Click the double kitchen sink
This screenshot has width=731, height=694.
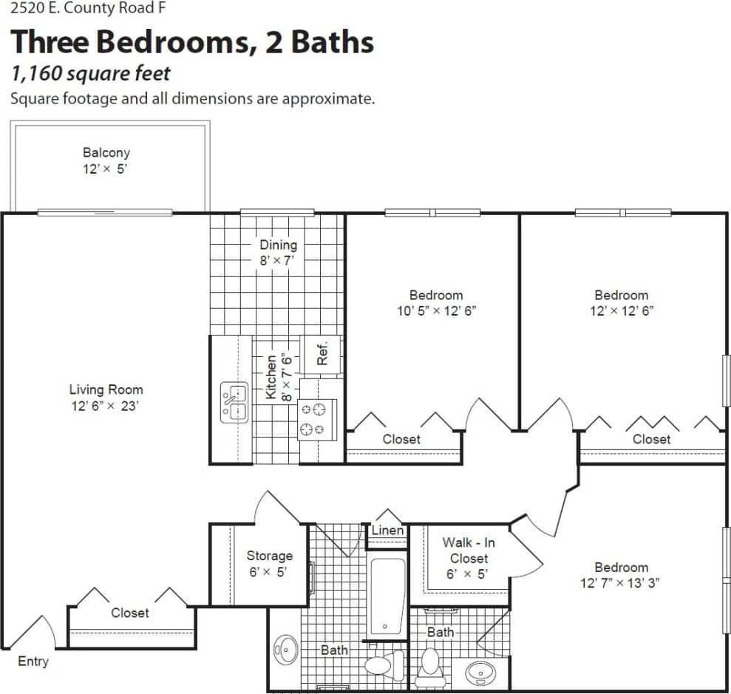[x=233, y=403]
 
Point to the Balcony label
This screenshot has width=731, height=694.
[x=106, y=153]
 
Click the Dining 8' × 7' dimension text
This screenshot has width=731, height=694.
[x=278, y=261]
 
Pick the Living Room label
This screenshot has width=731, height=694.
[x=106, y=389]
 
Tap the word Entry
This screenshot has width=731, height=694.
[x=33, y=661]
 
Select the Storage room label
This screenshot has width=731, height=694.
[x=269, y=556]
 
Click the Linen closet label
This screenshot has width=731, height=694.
[x=387, y=530]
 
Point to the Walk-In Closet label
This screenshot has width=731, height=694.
[x=469, y=551]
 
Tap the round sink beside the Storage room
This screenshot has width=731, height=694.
[x=285, y=650]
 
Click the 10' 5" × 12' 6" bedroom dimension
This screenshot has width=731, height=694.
[x=436, y=311]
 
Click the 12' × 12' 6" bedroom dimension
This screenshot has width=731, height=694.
[x=621, y=311]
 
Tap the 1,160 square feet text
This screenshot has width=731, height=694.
[x=90, y=73]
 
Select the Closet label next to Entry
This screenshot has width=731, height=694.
[x=130, y=613]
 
